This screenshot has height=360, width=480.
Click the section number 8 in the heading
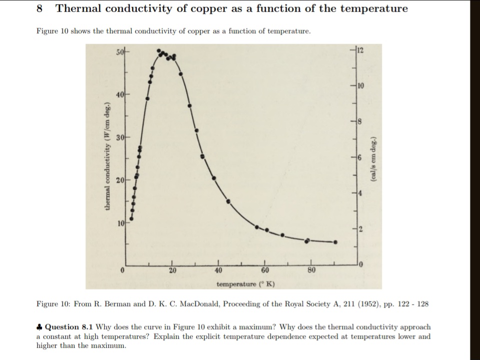40,9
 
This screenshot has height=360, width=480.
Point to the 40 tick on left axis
120,95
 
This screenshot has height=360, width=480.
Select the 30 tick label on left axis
120,138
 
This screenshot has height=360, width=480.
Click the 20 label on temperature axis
172,271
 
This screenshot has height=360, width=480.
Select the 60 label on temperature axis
265,271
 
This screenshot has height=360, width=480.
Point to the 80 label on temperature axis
311,271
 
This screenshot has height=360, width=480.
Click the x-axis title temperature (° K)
246,284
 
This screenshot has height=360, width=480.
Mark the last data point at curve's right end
335,242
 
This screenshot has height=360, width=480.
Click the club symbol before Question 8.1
40,327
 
